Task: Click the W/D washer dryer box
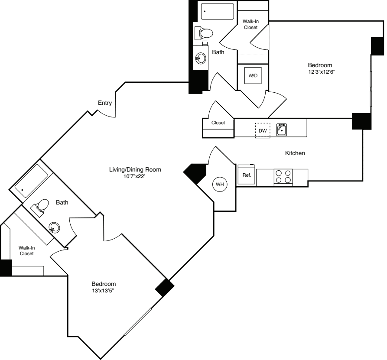253,76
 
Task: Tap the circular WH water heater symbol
220,185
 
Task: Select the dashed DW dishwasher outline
262,130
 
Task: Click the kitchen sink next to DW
282,129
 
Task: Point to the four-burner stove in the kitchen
283,177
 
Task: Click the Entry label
105,103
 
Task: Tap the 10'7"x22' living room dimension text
135,176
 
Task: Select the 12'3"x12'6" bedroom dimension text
320,72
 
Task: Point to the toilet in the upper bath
204,33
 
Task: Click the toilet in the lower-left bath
42,206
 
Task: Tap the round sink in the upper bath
201,58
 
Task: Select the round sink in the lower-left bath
55,227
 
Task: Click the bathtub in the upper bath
218,11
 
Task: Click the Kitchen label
295,153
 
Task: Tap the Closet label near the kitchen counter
218,123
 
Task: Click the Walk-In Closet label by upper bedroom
250,24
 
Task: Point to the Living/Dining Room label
135,169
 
